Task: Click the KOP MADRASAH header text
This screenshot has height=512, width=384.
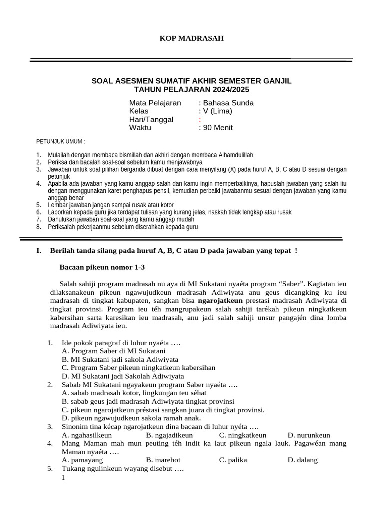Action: pyautogui.click(x=191, y=38)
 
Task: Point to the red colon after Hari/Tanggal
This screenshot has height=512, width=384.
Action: pyautogui.click(x=200, y=120)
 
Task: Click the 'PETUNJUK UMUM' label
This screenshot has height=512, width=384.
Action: pyautogui.click(x=61, y=142)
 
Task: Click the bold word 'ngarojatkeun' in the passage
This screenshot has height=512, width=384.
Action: pyautogui.click(x=220, y=301)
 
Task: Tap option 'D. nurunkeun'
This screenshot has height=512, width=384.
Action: pyautogui.click(x=309, y=435)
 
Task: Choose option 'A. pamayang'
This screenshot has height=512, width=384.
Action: pyautogui.click(x=82, y=460)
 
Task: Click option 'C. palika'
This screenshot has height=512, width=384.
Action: pyautogui.click(x=233, y=460)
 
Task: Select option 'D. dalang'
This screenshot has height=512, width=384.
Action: pyautogui.click(x=302, y=460)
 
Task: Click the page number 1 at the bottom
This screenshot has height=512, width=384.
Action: pyautogui.click(x=63, y=478)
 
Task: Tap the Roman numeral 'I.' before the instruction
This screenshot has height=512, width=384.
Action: pyautogui.click(x=39, y=251)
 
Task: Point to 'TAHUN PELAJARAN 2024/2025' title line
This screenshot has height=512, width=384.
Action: pyautogui.click(x=192, y=89)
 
